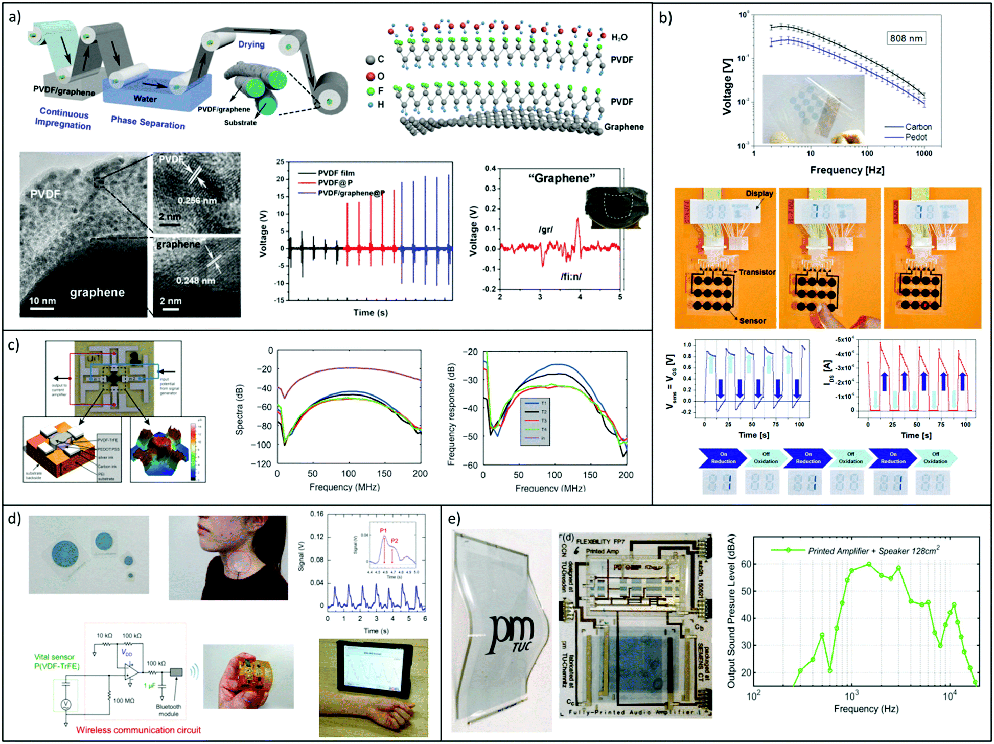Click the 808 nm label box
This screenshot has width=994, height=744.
[906, 38]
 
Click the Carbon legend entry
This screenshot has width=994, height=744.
[917, 127]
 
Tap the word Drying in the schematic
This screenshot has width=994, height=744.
[251, 44]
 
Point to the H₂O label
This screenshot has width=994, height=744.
[619, 37]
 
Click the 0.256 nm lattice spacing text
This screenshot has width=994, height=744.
[197, 200]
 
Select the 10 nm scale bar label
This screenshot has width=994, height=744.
[42, 300]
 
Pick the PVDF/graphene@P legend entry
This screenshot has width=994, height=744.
[351, 193]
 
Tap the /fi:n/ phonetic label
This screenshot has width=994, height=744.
[571, 276]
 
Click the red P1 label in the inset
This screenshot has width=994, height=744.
[383, 531]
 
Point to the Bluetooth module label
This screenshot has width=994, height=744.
[169, 710]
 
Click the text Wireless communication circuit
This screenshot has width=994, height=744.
[138, 730]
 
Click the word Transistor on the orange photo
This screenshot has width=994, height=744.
[757, 272]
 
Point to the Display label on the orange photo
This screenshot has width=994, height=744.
[759, 193]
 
